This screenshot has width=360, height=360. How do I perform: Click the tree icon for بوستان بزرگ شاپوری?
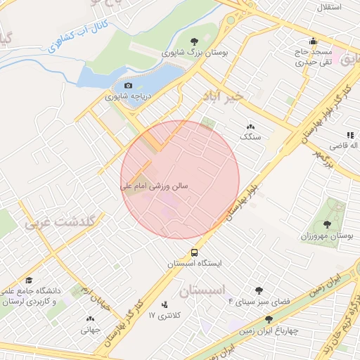(x=194, y=41)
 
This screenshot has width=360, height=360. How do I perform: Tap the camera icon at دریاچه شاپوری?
(x=128, y=86)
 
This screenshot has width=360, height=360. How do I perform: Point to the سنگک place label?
(x=250, y=137)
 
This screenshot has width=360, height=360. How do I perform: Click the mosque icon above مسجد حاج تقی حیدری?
(x=313, y=40)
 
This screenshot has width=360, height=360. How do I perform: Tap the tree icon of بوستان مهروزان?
(x=327, y=224)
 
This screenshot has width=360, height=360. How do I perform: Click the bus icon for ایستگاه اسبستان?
(x=194, y=252)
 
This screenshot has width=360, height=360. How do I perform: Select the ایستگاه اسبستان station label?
(x=194, y=264)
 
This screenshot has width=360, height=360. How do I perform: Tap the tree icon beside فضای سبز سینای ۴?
(x=259, y=290)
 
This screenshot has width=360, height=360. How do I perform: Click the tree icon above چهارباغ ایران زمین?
(x=269, y=319)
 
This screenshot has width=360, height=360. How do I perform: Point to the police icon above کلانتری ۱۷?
(x=165, y=305)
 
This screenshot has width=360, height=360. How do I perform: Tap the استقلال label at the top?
(x=330, y=6)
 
